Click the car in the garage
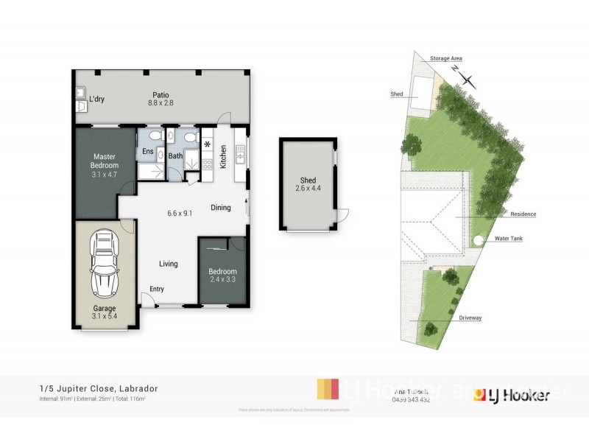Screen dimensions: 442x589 coord(104,264)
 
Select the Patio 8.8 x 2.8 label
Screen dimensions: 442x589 coord(161,99)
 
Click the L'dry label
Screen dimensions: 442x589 coord(96,99)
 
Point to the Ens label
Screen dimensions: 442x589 coord(148,152)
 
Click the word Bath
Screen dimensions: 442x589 coord(175,155)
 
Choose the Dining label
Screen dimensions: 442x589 coord(220,208)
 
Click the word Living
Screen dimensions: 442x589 coord(170,264)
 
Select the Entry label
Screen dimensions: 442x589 coord(158,289)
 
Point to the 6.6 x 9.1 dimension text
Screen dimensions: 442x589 coord(180,214)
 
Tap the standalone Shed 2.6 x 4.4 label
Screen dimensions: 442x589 coord(308,185)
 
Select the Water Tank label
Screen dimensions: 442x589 coord(508,239)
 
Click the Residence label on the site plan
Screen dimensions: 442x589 coord(523,214)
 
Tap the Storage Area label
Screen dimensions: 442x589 coord(447,58)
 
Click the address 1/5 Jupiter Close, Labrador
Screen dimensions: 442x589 coord(99,388)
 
